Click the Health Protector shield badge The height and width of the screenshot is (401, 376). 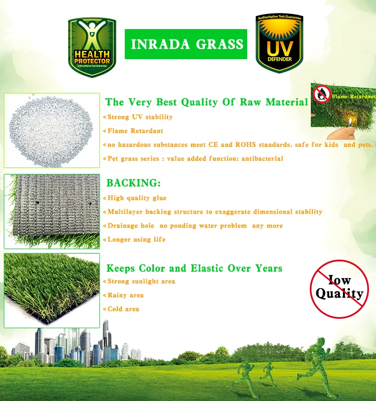pos(92,47)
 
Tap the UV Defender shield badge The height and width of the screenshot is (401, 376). pos(279,44)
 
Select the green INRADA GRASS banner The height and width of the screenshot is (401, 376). pos(186,44)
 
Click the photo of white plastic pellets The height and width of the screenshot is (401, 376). pos(51,130)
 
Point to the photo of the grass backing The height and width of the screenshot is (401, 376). pos(51,211)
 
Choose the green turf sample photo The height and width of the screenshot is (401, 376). pos(51,290)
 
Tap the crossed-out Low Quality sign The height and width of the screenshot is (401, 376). pos(338,287)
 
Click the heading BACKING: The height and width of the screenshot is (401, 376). pos(133,183)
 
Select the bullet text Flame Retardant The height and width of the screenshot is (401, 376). pos(135,131)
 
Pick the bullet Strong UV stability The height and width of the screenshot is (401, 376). pos(140,117)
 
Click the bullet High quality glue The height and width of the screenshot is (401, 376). pos(137,198)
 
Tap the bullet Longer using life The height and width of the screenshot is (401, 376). pos(136,239)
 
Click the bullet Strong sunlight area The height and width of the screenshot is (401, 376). pos(141,281)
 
